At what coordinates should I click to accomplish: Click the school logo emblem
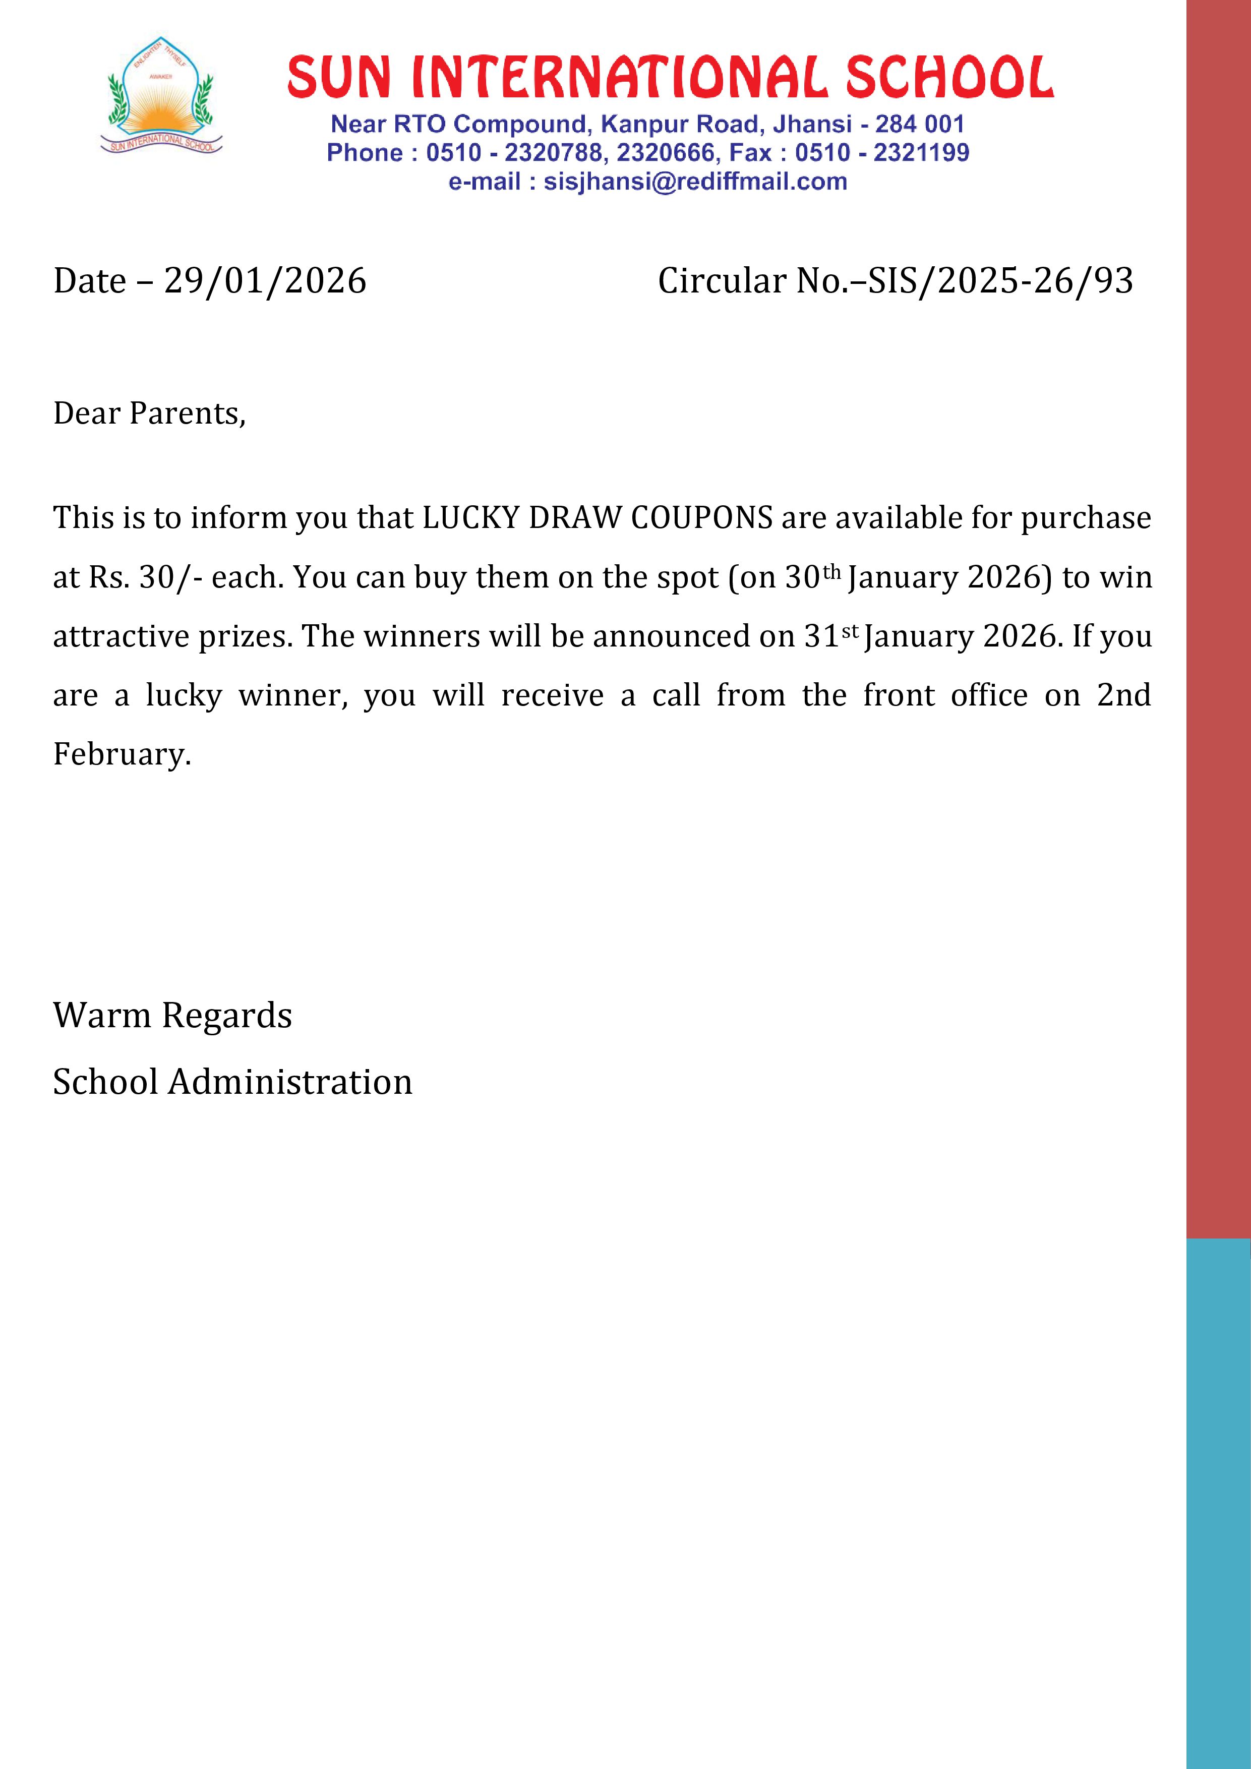[x=161, y=95]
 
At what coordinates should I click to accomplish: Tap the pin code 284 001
[x=919, y=124]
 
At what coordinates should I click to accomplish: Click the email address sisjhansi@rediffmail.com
[x=695, y=182]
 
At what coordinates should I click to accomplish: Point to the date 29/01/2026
[x=265, y=280]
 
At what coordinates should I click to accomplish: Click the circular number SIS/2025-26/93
[x=1000, y=280]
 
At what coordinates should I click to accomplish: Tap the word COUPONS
[x=701, y=518]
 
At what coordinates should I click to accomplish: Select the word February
[x=121, y=754]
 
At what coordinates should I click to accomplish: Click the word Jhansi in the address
[x=812, y=124]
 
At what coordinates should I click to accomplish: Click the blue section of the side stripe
[x=1218, y=1502]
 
